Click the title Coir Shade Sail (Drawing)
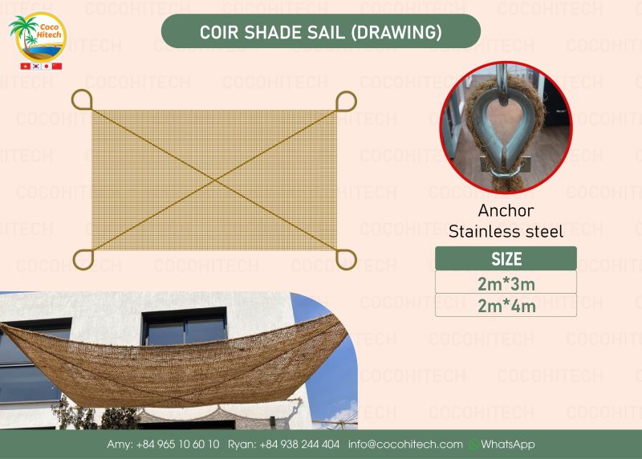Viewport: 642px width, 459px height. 321,31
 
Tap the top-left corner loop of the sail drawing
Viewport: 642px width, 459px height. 82,100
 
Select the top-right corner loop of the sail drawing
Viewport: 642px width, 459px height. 346,101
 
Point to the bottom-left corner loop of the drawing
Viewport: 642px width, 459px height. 83,258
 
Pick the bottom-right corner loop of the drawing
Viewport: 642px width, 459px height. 346,258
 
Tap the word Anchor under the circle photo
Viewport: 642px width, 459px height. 506,213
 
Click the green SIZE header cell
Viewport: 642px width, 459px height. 506,259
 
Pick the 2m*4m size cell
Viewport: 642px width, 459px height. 506,306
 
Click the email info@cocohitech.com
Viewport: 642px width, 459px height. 405,444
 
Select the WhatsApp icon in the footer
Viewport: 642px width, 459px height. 473,444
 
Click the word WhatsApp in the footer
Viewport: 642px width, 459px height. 507,444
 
